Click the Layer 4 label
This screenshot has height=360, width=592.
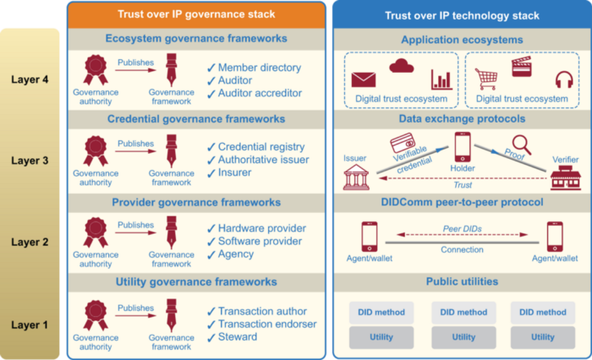[30, 82]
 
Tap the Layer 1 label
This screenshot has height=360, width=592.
[30, 324]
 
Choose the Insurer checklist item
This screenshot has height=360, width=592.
[235, 173]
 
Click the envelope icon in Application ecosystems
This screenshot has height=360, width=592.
[364, 79]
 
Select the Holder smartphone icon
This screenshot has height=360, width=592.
[462, 147]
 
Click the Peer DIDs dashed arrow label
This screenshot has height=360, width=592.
[462, 229]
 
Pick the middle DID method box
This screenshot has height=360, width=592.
[463, 312]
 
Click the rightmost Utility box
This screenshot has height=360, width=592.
[543, 337]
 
